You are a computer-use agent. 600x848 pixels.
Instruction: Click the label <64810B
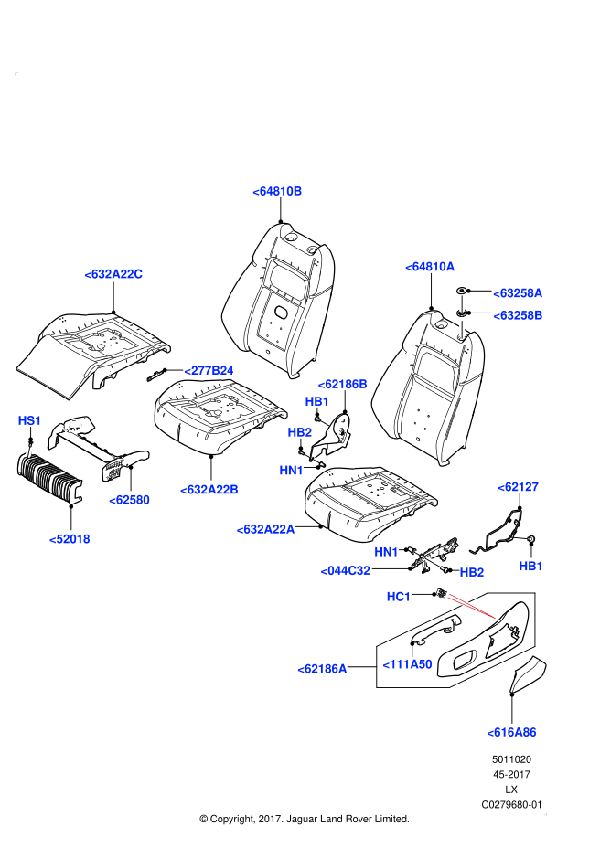[x=277, y=191]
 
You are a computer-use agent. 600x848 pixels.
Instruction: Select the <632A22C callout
[x=113, y=274]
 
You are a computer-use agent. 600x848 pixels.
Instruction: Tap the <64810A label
[x=430, y=267]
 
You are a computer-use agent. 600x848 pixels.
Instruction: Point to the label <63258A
[x=518, y=293]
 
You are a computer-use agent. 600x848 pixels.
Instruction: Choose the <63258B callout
[x=518, y=315]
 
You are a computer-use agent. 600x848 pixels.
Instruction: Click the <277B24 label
[x=209, y=370]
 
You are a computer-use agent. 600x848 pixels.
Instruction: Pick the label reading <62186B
[x=342, y=384]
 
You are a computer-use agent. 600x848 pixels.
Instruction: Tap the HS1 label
[x=29, y=420]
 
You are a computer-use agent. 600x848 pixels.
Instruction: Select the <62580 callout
[x=129, y=500]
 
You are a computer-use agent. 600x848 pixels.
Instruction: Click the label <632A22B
[x=209, y=490]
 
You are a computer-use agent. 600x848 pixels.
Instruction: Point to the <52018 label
[x=70, y=539]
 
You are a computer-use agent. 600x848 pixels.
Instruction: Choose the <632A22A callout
[x=265, y=529]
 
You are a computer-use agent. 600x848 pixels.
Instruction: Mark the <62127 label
[x=518, y=487]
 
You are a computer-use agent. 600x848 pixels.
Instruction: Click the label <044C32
[x=345, y=571]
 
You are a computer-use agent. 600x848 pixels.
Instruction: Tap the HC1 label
[x=399, y=597]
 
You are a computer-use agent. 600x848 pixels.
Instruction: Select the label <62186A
[x=322, y=669]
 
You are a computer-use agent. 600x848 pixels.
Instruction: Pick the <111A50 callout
[x=407, y=664]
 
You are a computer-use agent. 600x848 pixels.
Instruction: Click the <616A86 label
[x=511, y=732]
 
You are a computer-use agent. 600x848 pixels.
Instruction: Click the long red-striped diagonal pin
[x=472, y=607]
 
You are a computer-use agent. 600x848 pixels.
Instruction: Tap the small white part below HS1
[x=28, y=452]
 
